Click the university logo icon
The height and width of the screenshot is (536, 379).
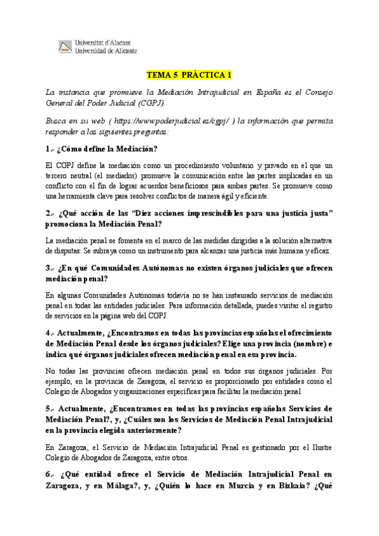[65, 46]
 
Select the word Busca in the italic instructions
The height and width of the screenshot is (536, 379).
[57, 121]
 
